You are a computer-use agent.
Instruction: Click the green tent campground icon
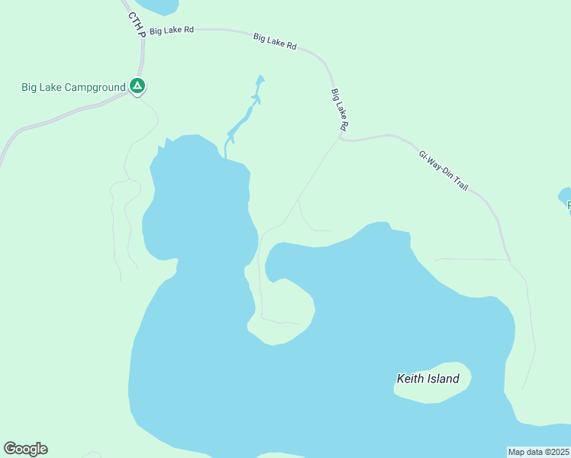pyautogui.click(x=137, y=86)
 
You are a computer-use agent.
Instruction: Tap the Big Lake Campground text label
pyautogui.click(x=73, y=88)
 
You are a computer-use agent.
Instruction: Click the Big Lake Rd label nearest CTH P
pyautogui.click(x=172, y=31)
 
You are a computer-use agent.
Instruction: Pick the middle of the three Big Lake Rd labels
pyautogui.click(x=275, y=40)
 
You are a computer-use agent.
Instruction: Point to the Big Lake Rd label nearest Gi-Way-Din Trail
pyautogui.click(x=340, y=108)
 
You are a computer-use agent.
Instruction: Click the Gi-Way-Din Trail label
pyautogui.click(x=443, y=169)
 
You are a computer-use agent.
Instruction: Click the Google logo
pyautogui.click(x=25, y=449)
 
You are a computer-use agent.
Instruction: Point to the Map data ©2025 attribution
pyautogui.click(x=539, y=452)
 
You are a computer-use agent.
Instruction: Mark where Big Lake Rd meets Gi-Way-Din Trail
pyautogui.click(x=340, y=139)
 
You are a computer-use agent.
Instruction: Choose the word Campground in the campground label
pyautogui.click(x=95, y=88)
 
